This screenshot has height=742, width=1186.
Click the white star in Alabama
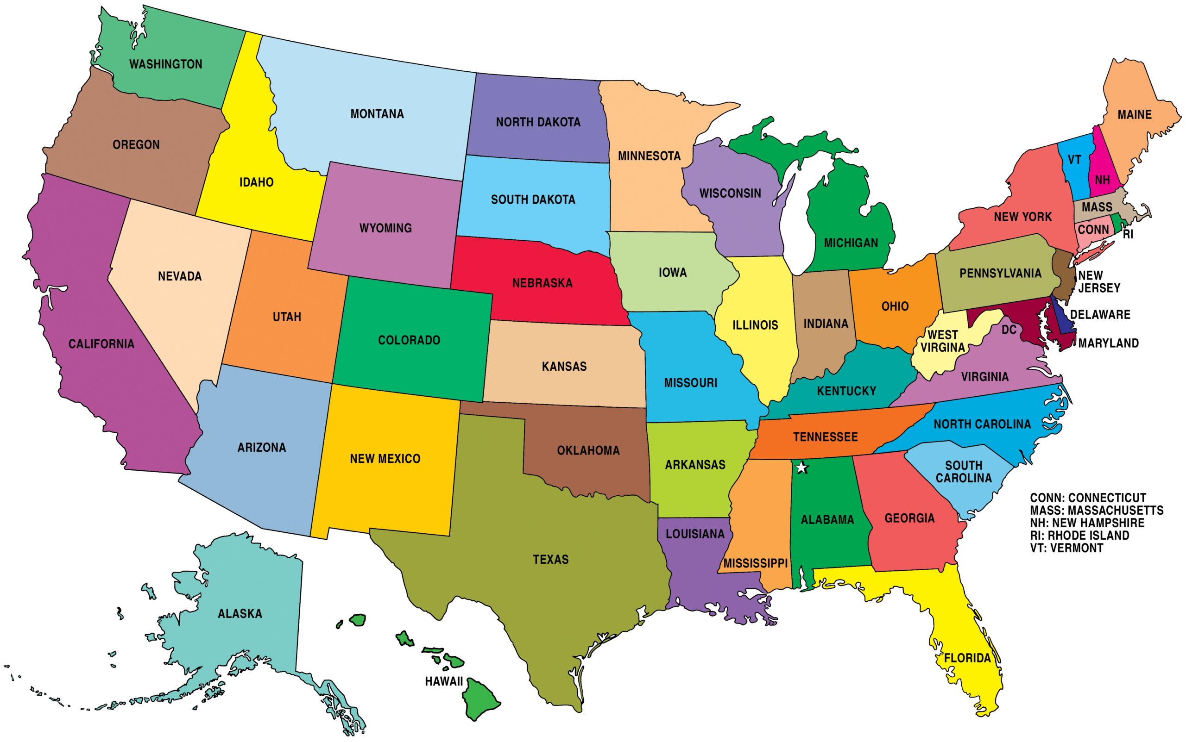coord(801,468)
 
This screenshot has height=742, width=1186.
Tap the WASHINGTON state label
coord(165,64)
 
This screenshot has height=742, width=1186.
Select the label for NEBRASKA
coord(542,283)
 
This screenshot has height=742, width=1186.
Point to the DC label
coord(1009,330)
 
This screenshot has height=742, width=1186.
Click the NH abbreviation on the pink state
coord(1102,180)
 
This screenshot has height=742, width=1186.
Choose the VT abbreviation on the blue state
coord(1074,160)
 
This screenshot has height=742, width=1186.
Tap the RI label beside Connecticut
coord(1128,235)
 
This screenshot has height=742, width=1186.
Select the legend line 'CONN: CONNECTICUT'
coord(1088,498)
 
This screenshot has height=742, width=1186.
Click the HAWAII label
coord(444,681)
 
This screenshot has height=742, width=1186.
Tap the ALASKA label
coord(240,613)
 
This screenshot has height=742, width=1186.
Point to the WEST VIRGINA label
coord(942,341)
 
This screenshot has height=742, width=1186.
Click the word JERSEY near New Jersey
coord(1099,288)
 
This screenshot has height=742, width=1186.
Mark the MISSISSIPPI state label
coord(755,563)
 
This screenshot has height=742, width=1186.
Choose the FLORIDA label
coord(967,658)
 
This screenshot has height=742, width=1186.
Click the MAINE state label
coord(1135,115)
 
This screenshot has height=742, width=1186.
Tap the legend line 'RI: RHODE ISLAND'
coord(1079,536)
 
